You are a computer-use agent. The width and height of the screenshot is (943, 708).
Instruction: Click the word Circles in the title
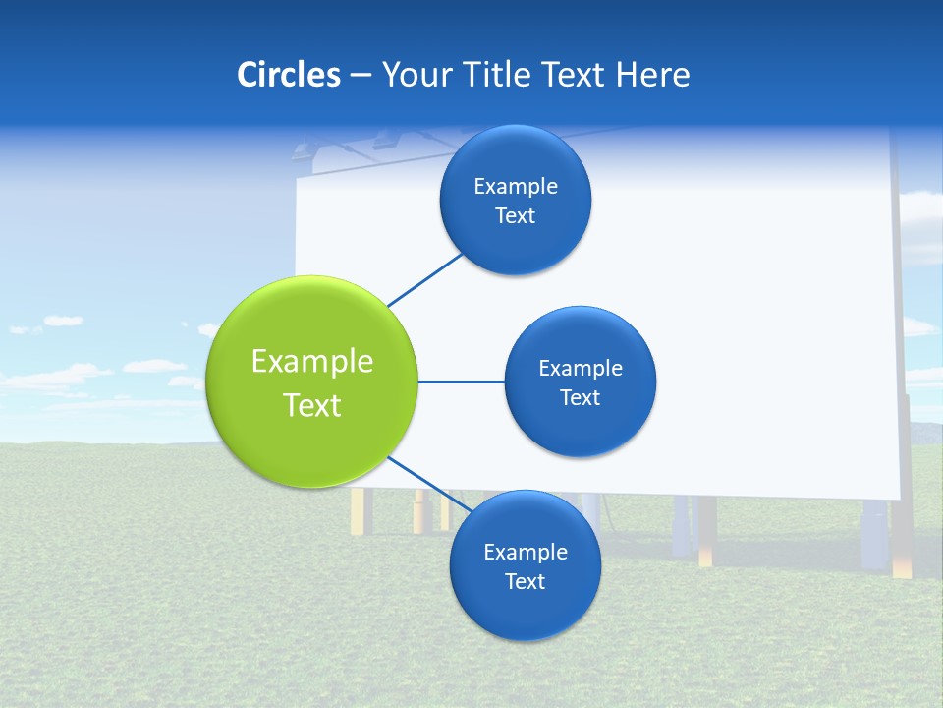[x=288, y=75]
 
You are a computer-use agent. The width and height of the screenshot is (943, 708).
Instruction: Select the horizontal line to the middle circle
[x=461, y=382]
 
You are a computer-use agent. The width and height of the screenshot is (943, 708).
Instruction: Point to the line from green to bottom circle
[x=422, y=481]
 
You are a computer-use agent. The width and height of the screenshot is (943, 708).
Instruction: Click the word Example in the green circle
[x=312, y=361]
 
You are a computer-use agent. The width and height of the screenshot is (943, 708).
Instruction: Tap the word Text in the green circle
[x=312, y=405]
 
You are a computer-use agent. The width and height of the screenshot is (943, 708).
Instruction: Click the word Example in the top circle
[x=515, y=187]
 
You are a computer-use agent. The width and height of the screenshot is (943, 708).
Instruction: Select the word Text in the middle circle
[x=580, y=397]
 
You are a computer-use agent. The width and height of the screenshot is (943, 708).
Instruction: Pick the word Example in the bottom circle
[x=525, y=552]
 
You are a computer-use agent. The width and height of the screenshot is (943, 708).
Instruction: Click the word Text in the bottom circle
[x=525, y=581]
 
